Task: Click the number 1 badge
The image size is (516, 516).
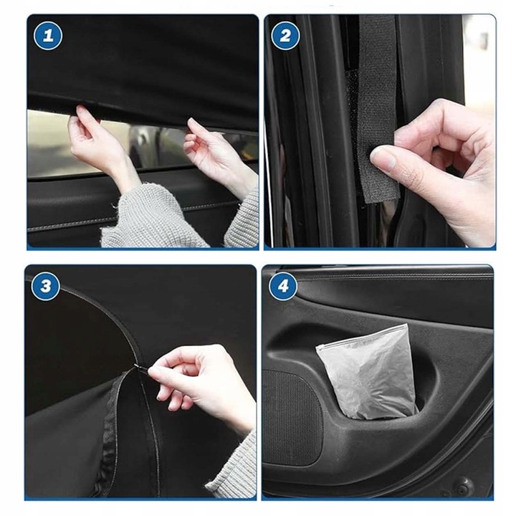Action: pyautogui.click(x=48, y=36)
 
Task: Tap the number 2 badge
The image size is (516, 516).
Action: pyautogui.click(x=285, y=36)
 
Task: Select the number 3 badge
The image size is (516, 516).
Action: pyautogui.click(x=46, y=286)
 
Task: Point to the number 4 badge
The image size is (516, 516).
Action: pyautogui.click(x=283, y=286)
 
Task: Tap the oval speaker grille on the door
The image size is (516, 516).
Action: pyautogui.click(x=293, y=417)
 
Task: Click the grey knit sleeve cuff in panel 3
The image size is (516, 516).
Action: pyautogui.click(x=234, y=467)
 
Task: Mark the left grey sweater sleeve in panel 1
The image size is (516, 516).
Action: pyautogui.click(x=151, y=217)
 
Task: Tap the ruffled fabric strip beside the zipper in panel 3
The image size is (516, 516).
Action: pyautogui.click(x=108, y=438)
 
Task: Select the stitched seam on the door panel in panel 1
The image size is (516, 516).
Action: pyautogui.click(x=132, y=216)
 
